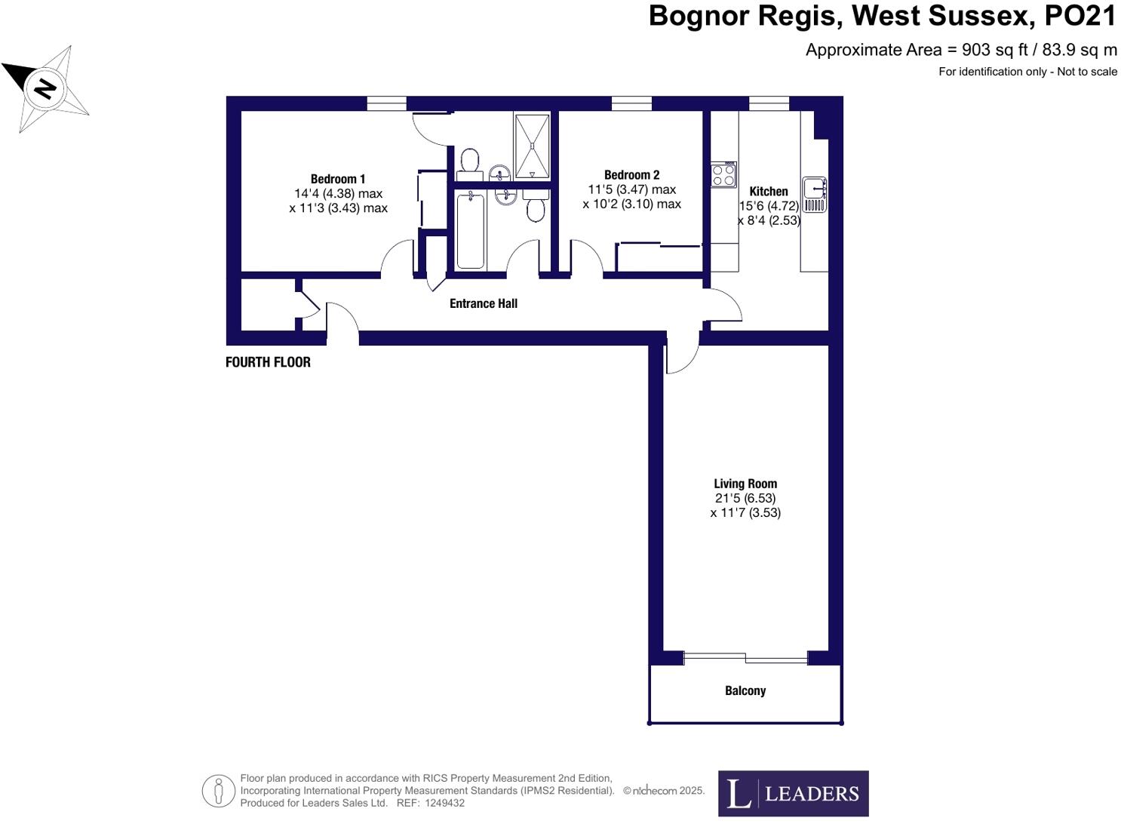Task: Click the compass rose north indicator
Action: [x=45, y=88]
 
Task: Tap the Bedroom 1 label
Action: [x=337, y=179]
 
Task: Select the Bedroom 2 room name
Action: [x=631, y=175]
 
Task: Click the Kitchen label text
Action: [x=768, y=192]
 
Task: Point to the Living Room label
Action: [x=745, y=484]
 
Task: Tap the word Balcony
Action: [x=745, y=690]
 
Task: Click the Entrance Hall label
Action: [x=483, y=303]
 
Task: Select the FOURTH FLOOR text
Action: [x=268, y=362]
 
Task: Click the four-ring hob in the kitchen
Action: [x=723, y=175]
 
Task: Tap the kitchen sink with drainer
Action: [x=814, y=195]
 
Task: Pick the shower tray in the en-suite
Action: [x=533, y=145]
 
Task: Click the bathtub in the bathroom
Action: [x=471, y=229]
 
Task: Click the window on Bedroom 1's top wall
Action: [x=386, y=103]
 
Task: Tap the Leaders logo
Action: [x=793, y=793]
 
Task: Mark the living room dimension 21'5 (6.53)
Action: [x=745, y=498]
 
